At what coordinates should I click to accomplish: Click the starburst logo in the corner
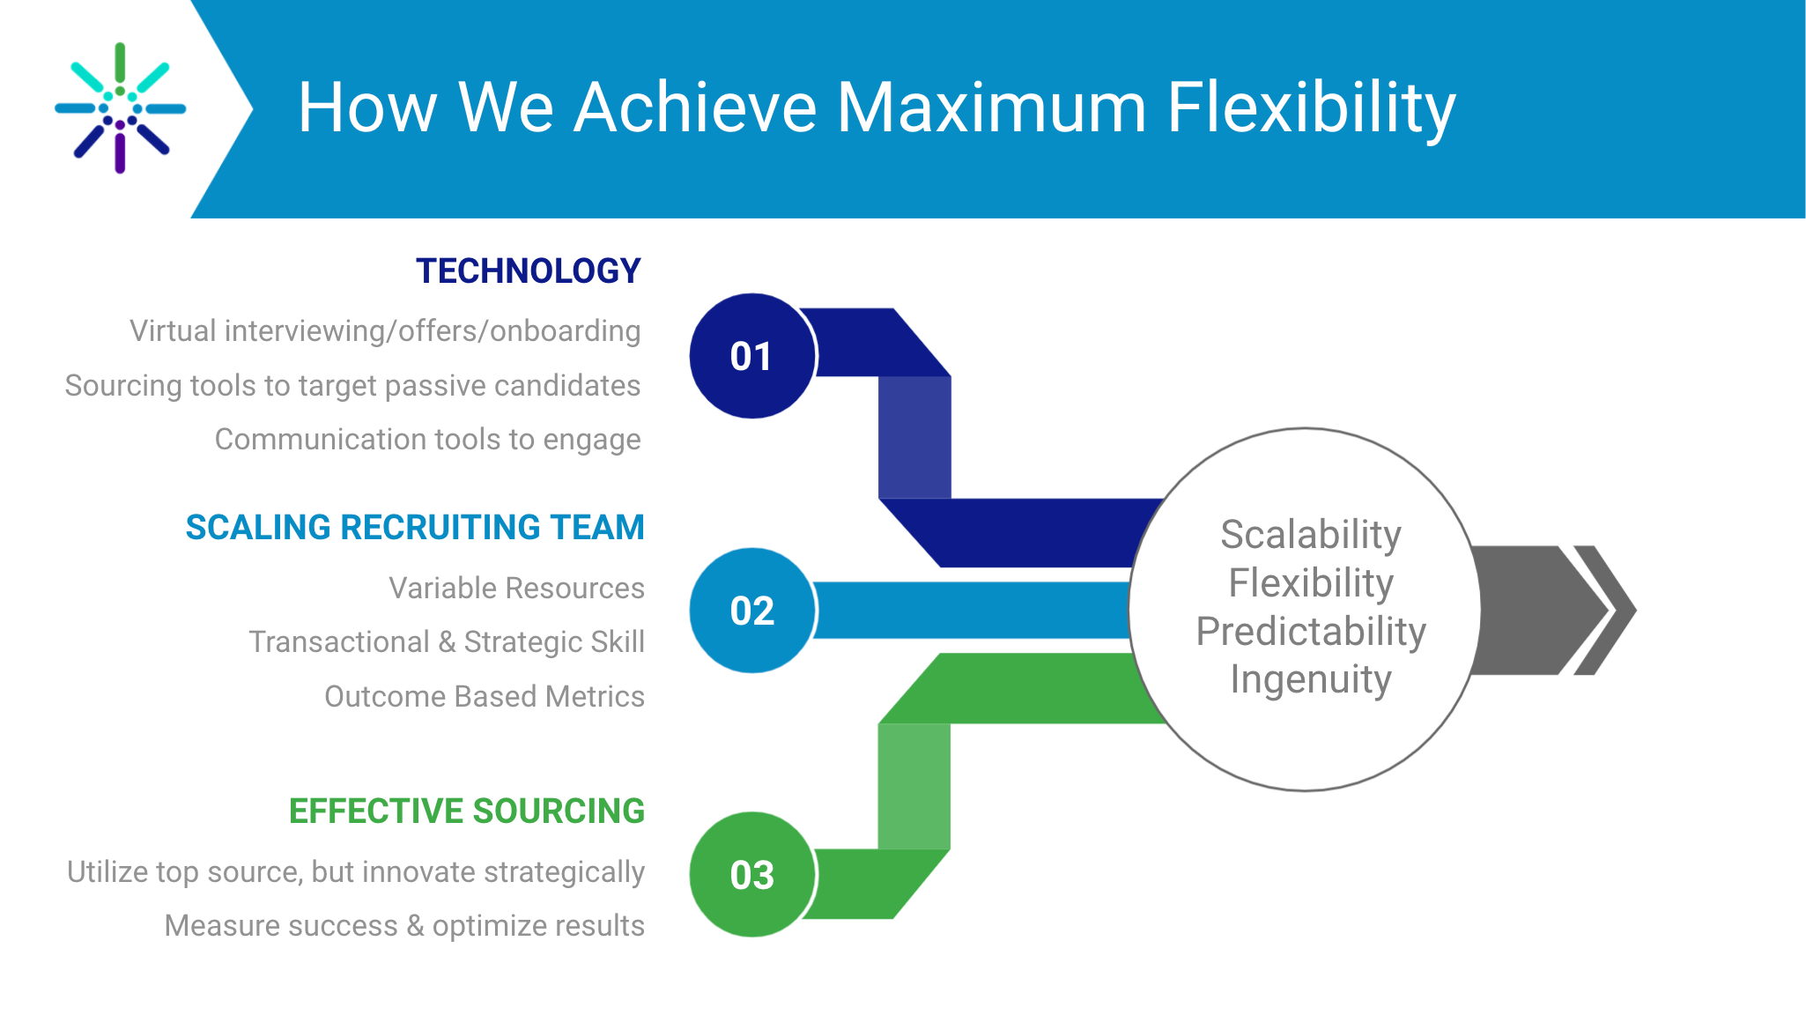coord(121,107)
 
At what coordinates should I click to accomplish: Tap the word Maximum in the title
coord(991,107)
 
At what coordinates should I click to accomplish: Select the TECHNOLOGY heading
coord(529,270)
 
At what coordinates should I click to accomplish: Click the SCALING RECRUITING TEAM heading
coord(415,527)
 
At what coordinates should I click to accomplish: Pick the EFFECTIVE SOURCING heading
coord(467,811)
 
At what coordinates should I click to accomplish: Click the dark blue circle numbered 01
coord(752,356)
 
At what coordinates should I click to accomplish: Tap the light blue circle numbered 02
coord(752,611)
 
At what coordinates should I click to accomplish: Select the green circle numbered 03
coord(752,874)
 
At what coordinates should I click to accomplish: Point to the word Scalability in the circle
coord(1311,535)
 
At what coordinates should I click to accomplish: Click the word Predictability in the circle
coord(1311,632)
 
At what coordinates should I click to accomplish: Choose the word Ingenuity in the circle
coord(1311,679)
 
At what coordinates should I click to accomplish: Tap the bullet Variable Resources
coord(517,588)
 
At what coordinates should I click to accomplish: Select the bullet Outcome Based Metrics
coord(485,696)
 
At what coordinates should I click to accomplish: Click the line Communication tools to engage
coord(428,439)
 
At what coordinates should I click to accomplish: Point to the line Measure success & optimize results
coord(404,925)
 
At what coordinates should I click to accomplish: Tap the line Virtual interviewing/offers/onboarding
coord(385,330)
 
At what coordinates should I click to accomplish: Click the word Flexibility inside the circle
coord(1311,583)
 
